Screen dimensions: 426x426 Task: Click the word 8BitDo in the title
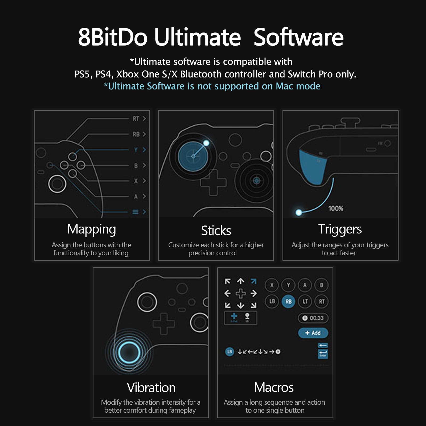113,37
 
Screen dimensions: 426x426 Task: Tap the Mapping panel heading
92,229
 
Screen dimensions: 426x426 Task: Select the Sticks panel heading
216,231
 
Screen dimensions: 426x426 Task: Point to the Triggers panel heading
340,229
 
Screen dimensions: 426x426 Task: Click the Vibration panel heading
151,388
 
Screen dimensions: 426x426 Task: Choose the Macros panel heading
274,387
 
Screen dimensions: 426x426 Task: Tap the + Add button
313,333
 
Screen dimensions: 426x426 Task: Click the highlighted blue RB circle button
288,302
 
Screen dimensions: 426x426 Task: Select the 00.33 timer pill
313,318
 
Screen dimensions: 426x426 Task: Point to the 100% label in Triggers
336,208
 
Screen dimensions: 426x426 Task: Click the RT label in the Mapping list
136,119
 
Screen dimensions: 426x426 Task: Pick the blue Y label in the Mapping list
136,150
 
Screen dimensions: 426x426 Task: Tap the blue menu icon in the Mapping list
136,212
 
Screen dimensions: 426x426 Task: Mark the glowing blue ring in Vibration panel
129,352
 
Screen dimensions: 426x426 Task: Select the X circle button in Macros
272,285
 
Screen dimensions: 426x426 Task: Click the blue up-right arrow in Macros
253,281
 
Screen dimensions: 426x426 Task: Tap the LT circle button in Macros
305,301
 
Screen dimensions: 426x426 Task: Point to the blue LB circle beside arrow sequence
230,352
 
